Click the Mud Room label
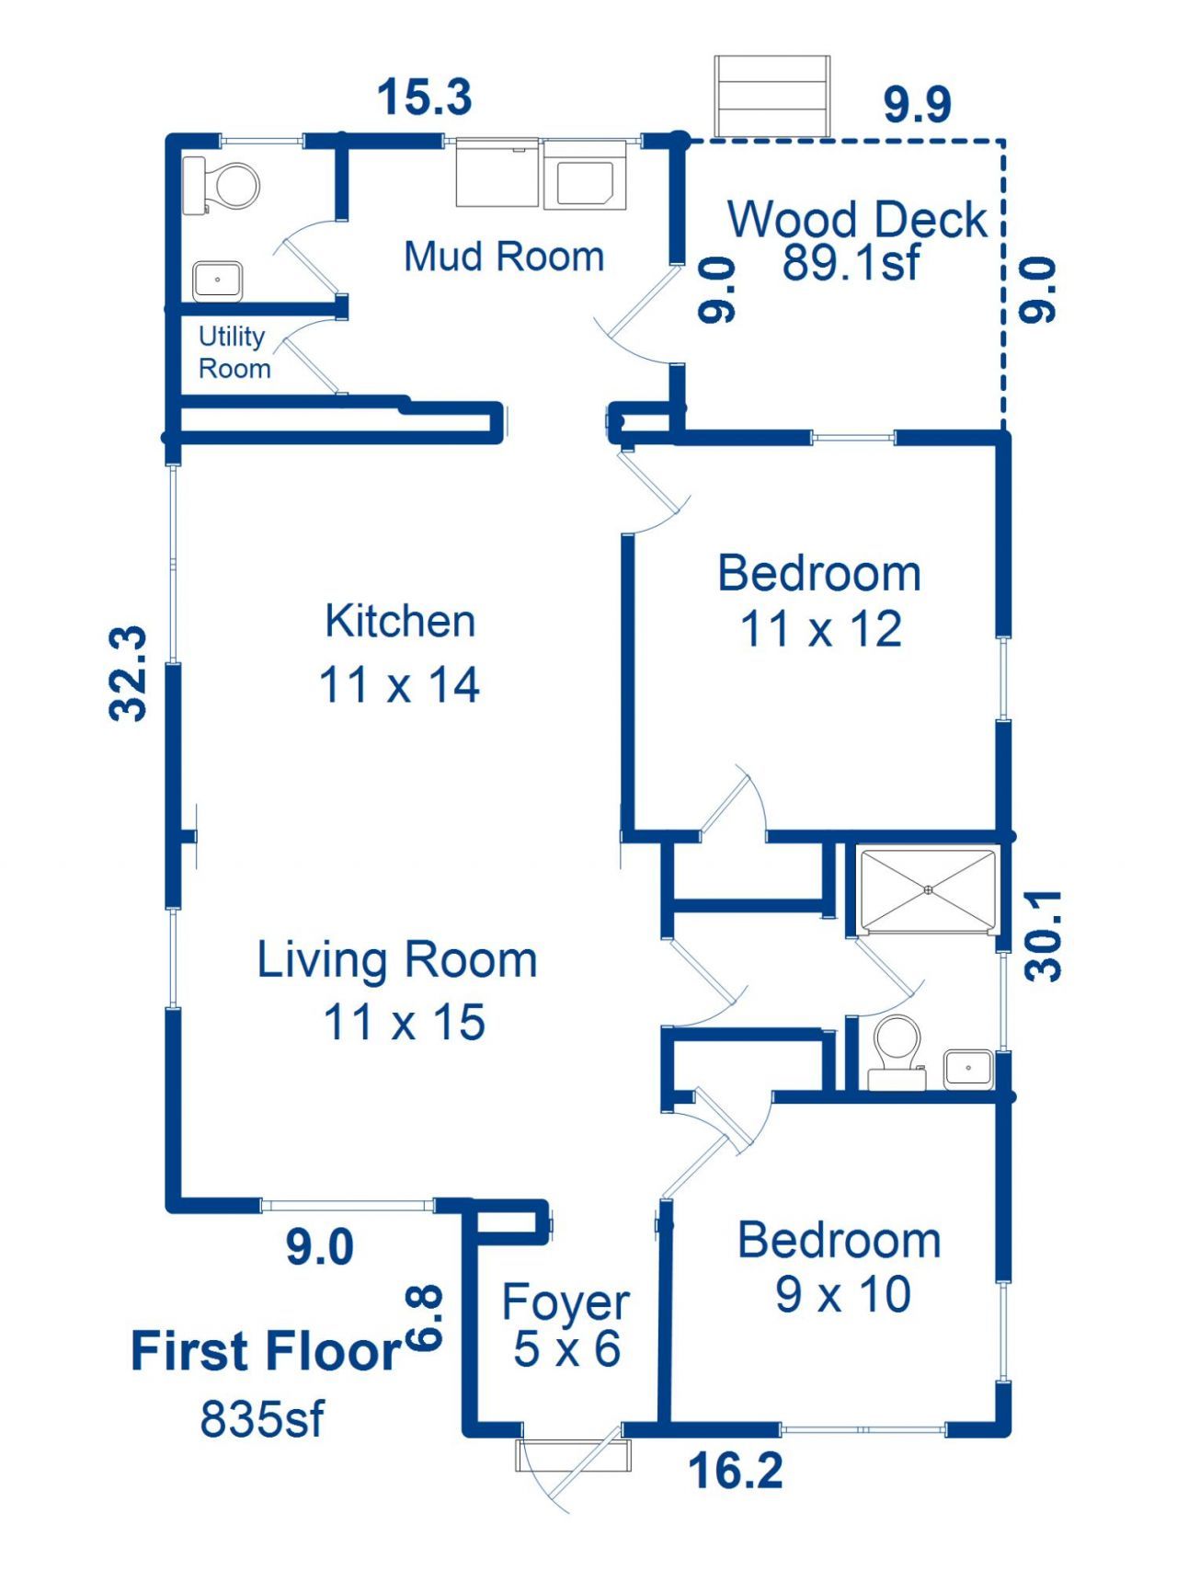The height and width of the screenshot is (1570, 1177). (x=504, y=257)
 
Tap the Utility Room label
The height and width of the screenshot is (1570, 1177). (x=234, y=352)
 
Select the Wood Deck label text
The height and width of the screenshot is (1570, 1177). (x=857, y=220)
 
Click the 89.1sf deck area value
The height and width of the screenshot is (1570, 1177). (x=851, y=263)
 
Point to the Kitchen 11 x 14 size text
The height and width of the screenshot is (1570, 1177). (x=399, y=685)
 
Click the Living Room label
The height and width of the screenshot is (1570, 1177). (x=397, y=960)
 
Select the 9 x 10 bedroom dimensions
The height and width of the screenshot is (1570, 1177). (x=843, y=1294)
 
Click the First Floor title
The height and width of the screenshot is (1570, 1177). (x=266, y=1351)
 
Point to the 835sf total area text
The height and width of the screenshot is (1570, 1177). (x=262, y=1418)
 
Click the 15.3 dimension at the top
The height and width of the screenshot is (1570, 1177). (x=425, y=97)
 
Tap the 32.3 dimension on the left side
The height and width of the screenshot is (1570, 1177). (x=129, y=673)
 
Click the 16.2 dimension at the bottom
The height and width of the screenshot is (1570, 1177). (x=736, y=1470)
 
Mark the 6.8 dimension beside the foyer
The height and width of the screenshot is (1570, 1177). (x=424, y=1318)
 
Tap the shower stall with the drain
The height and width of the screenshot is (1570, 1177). (x=929, y=890)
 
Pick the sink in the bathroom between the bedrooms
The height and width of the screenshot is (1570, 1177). (x=967, y=1069)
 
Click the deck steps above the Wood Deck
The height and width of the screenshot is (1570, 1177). (x=773, y=96)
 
